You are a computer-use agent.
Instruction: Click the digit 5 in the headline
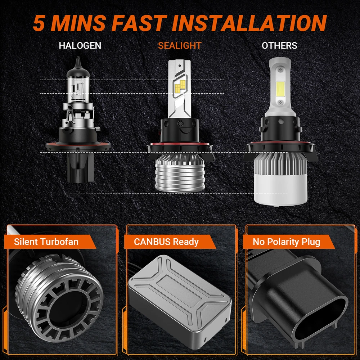click(39, 23)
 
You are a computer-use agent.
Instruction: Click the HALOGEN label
click(80, 45)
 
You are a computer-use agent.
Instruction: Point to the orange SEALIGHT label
click(180, 45)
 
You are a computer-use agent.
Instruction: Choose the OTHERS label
click(279, 45)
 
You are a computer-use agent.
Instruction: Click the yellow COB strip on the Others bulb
click(280, 89)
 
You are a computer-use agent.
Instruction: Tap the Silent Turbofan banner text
click(46, 242)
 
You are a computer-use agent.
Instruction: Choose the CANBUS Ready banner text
click(166, 242)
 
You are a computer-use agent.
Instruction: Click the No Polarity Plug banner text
click(286, 242)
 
